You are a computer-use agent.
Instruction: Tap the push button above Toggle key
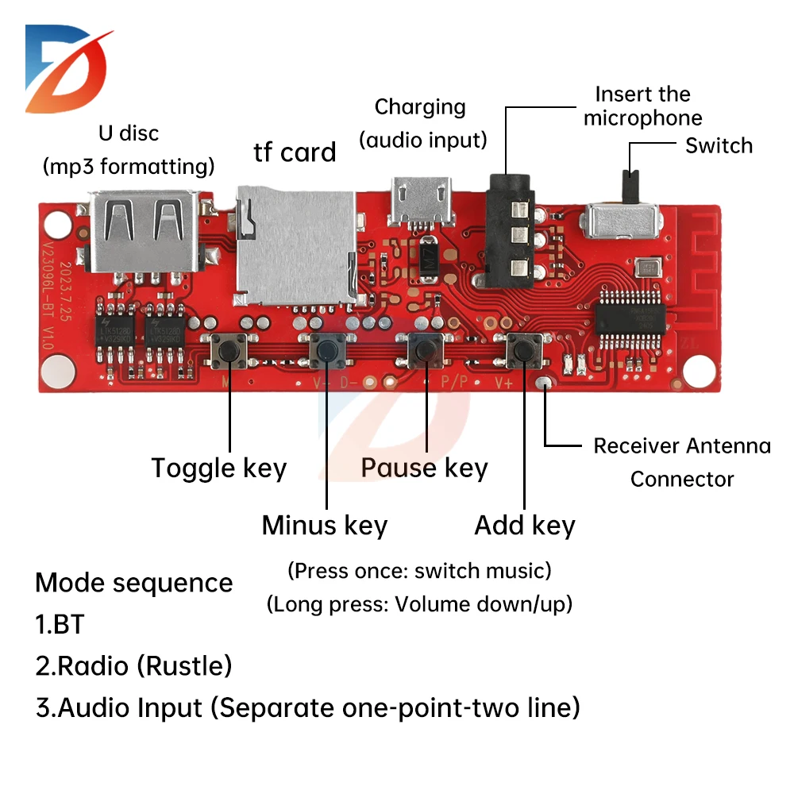pyautogui.click(x=229, y=350)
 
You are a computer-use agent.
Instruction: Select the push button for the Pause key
pyautogui.click(x=425, y=349)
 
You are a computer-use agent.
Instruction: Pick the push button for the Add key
pyautogui.click(x=523, y=349)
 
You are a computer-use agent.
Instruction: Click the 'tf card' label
pyautogui.click(x=295, y=152)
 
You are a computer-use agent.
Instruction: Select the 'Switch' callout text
pyautogui.click(x=719, y=146)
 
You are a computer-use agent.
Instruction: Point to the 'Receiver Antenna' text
pyautogui.click(x=681, y=446)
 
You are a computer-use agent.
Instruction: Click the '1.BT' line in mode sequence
pyautogui.click(x=60, y=624)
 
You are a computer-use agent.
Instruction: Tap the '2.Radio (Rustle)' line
pyautogui.click(x=133, y=665)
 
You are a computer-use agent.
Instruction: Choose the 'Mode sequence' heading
pyautogui.click(x=133, y=583)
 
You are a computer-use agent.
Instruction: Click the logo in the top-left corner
pyautogui.click(x=67, y=67)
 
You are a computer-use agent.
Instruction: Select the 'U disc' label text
pyautogui.click(x=129, y=133)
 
